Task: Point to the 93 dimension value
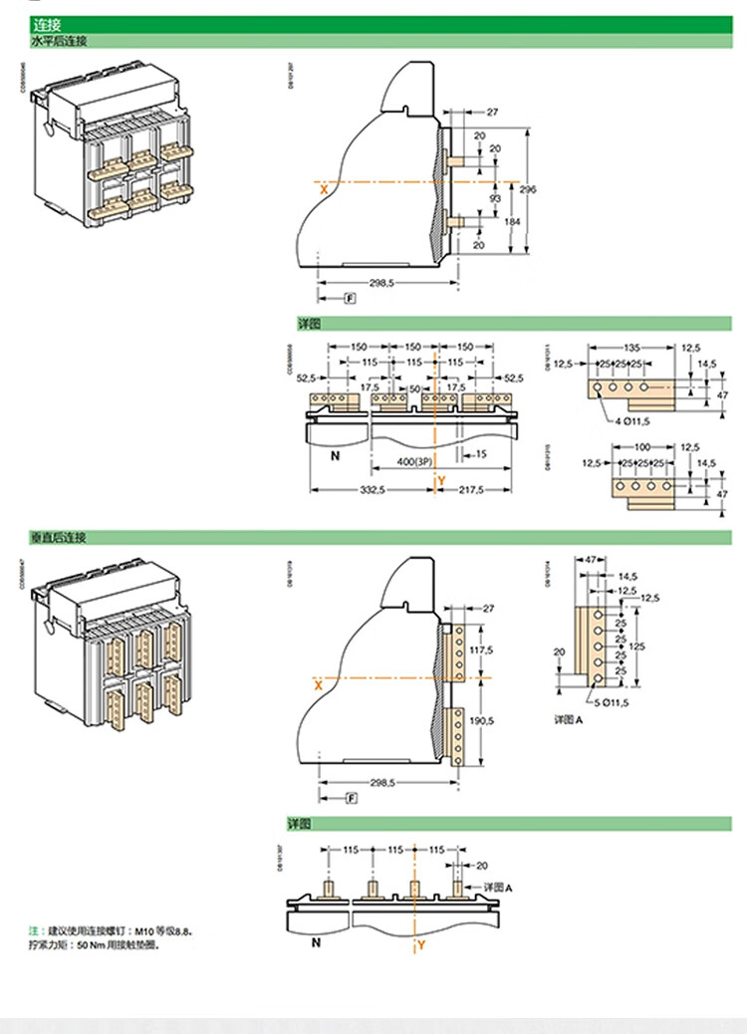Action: pyautogui.click(x=495, y=199)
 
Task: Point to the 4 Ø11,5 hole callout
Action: pyautogui.click(x=631, y=421)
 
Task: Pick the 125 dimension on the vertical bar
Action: pyautogui.click(x=637, y=646)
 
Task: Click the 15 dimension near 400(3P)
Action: pyautogui.click(x=481, y=454)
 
